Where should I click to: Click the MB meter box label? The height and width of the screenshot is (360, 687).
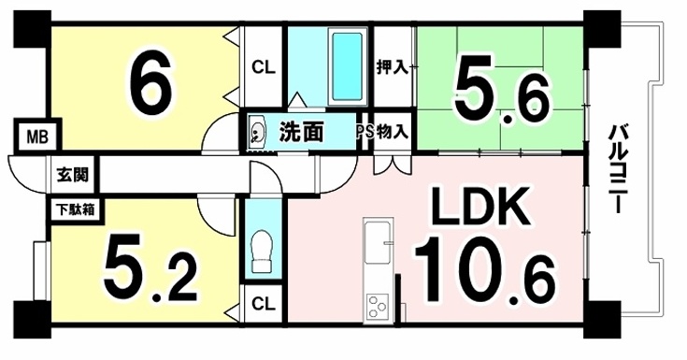tap(37, 137)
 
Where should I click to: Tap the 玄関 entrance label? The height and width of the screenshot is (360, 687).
tap(72, 175)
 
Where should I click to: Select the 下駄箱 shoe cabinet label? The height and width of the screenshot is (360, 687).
tap(75, 209)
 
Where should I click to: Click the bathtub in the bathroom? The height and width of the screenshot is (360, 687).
tap(347, 66)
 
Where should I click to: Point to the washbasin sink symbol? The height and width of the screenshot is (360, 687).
tap(257, 131)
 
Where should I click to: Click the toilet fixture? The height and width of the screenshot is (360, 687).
tap(262, 252)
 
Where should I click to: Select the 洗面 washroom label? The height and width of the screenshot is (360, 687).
tap(301, 132)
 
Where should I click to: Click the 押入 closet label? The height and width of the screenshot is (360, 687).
tap(393, 68)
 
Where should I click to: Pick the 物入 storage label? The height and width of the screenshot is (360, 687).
tap(393, 131)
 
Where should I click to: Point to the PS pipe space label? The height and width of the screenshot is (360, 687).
tap(365, 132)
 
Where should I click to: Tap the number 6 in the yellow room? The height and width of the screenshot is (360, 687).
tap(150, 85)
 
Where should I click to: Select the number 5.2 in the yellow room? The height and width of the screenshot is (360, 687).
tap(150, 270)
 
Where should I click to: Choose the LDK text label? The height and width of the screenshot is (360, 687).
tap(479, 207)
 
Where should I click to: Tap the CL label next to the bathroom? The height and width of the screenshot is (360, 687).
tap(263, 67)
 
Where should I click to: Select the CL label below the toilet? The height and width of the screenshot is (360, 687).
tap(264, 304)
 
